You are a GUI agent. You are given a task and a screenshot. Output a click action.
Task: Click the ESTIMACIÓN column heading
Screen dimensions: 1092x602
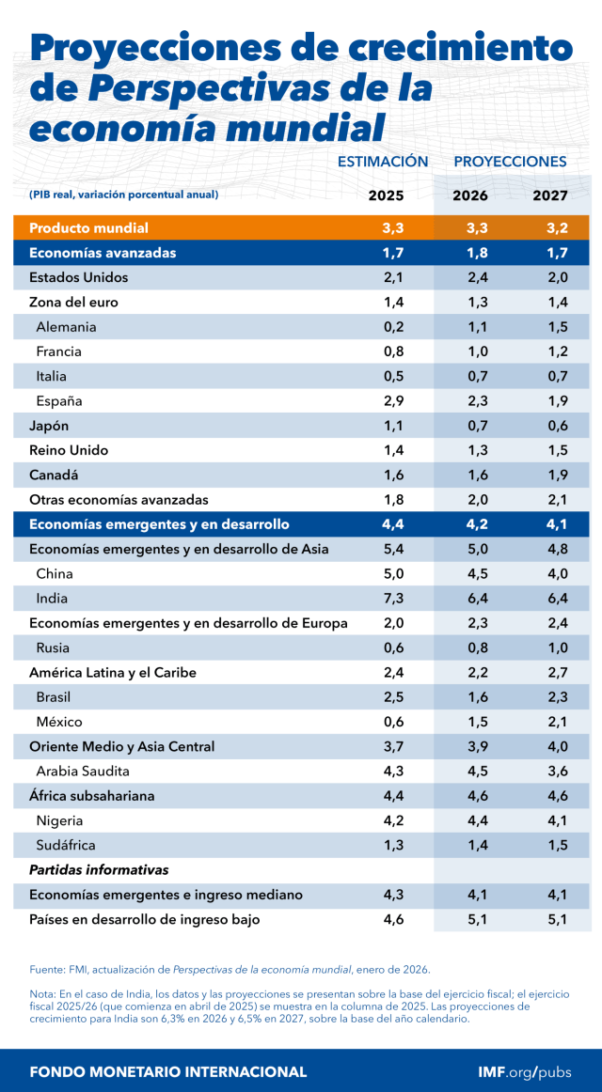point(383,162)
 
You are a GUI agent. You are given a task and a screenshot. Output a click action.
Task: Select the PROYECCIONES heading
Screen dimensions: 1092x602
point(510,162)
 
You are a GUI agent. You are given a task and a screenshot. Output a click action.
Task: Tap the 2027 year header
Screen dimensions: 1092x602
point(550,195)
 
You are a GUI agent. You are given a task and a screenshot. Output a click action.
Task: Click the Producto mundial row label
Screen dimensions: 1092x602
point(89,228)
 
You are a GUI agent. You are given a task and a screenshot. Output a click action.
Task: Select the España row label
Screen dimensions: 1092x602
point(59,401)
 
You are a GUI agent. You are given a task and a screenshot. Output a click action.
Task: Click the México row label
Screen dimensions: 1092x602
point(59,722)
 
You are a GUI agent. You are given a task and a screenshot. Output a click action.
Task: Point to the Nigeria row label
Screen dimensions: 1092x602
point(59,820)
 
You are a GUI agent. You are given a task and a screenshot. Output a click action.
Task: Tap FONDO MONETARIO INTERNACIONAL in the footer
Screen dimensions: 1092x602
point(168,1071)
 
